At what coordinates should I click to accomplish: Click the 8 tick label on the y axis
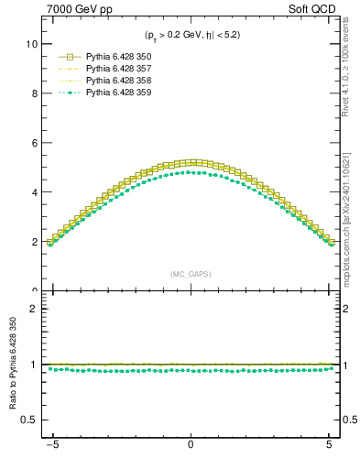[x=33, y=93]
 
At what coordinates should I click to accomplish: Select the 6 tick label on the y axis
[x=33, y=143]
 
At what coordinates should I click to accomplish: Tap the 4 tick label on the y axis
[x=33, y=192]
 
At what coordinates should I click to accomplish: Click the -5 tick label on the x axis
[x=54, y=453]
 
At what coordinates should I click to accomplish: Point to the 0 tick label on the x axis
[x=190, y=453]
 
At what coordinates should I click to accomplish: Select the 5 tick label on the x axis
[x=328, y=453]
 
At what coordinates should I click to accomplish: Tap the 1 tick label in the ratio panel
[x=33, y=365]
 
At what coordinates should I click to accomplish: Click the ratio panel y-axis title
[x=13, y=366]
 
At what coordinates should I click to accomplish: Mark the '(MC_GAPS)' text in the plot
[x=190, y=274]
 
